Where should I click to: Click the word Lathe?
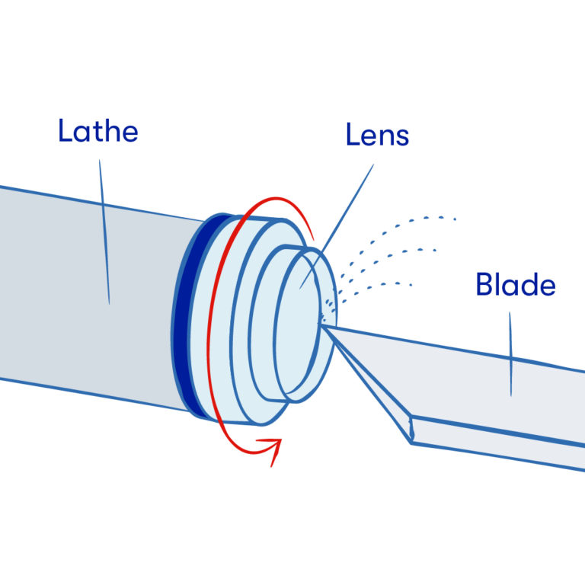click(97, 132)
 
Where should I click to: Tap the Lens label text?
click(377, 136)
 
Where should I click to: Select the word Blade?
click(515, 285)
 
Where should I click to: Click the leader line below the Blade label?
click(510, 354)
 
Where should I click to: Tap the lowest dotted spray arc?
click(373, 286)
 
